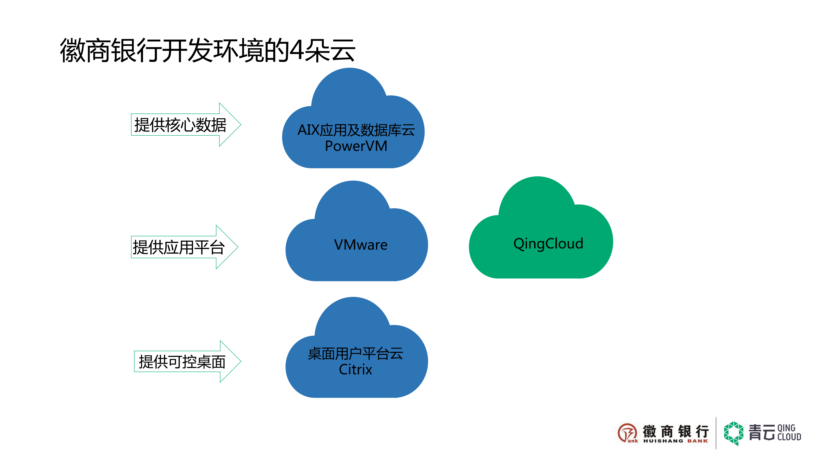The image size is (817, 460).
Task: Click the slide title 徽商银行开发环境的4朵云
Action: coord(208,50)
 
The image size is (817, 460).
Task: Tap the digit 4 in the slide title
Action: coord(297,50)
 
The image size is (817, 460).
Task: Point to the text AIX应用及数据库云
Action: coord(356,130)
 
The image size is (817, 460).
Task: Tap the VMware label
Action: coord(361,245)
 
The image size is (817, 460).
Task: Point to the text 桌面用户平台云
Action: coord(355,353)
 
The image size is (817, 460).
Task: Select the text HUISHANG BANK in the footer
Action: coord(676,441)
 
